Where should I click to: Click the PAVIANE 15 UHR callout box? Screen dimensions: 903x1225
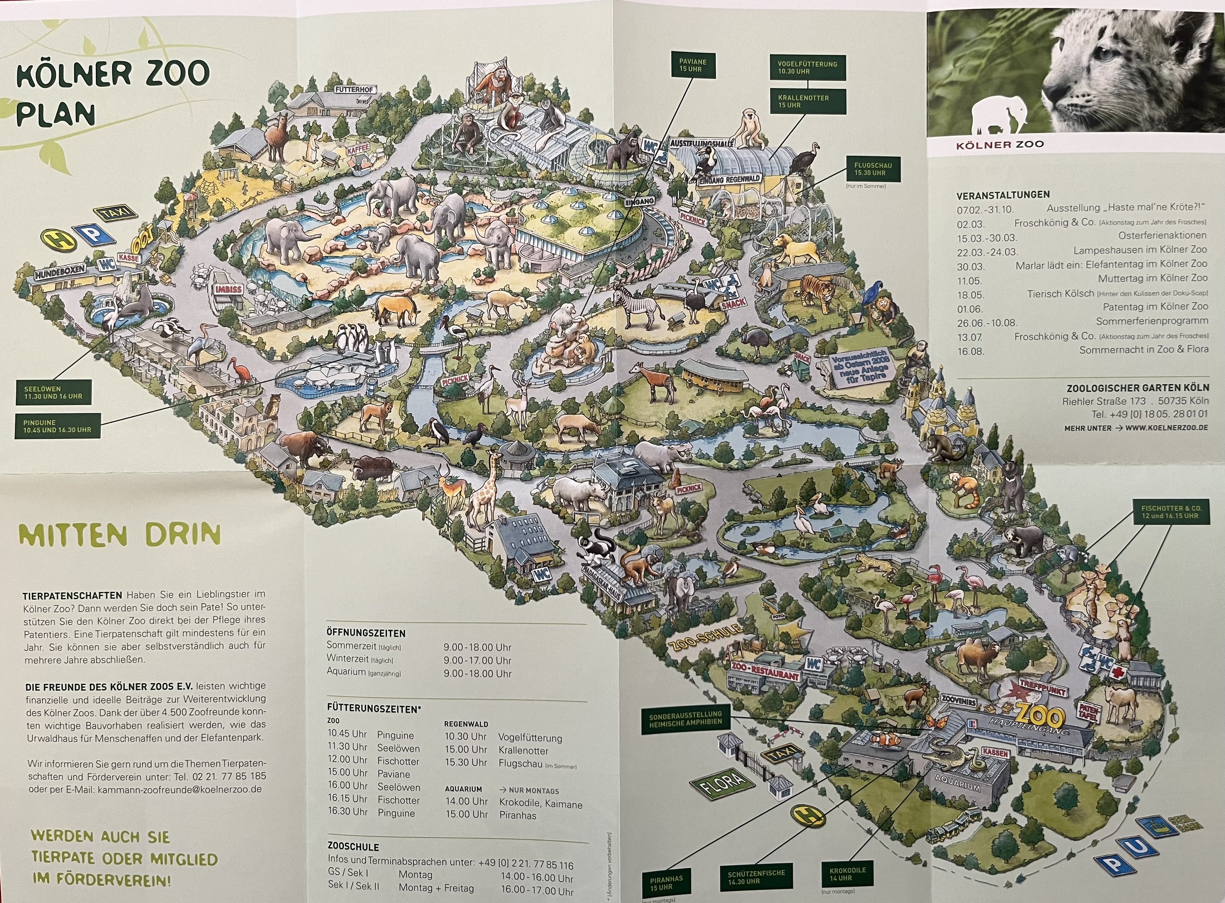point(693,66)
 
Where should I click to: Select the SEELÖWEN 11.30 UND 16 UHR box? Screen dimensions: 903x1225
point(53,393)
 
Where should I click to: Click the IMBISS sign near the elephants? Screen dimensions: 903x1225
point(228,289)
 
